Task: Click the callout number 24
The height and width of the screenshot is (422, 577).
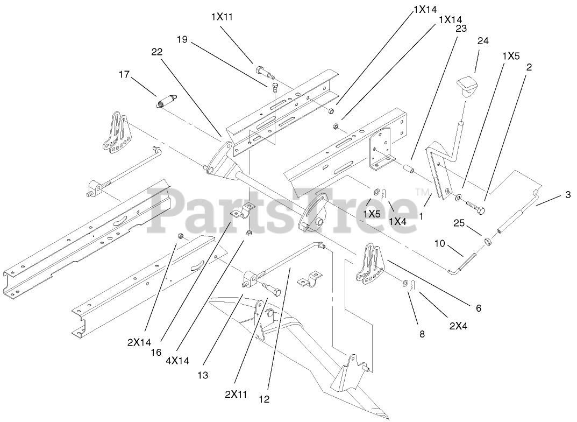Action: tap(482, 41)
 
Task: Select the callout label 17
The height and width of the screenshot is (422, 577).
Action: tap(124, 75)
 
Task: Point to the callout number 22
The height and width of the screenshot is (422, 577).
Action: tap(157, 51)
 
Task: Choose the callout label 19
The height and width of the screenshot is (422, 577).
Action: tap(182, 39)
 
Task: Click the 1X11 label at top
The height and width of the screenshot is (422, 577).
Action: tap(222, 17)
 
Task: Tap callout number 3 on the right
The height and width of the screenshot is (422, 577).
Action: tap(568, 195)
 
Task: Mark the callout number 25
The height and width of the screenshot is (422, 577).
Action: tap(458, 223)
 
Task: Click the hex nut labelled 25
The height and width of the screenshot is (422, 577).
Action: tap(486, 241)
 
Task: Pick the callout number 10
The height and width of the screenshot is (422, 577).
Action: tap(439, 244)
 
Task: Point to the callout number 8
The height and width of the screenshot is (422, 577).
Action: tap(422, 334)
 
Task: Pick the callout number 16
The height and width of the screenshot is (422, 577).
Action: tap(155, 353)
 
